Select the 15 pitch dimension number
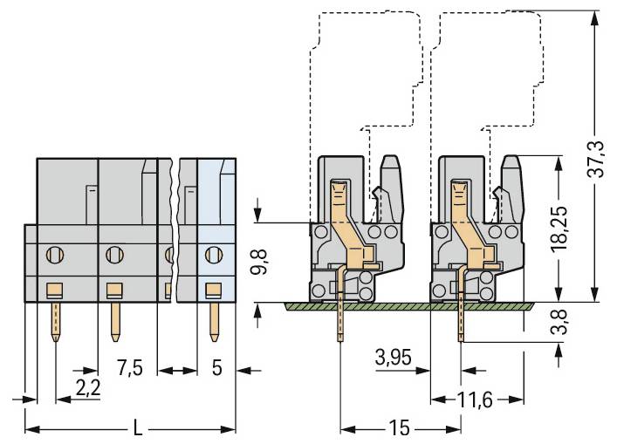[x=401, y=429]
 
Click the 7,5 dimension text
[x=128, y=368]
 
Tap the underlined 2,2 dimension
[x=88, y=387]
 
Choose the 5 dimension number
[x=216, y=368]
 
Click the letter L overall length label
[x=137, y=428]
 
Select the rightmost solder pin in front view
[x=212, y=320]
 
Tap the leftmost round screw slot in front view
[x=54, y=256]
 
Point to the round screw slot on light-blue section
[x=212, y=256]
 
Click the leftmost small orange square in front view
[x=54, y=290]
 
